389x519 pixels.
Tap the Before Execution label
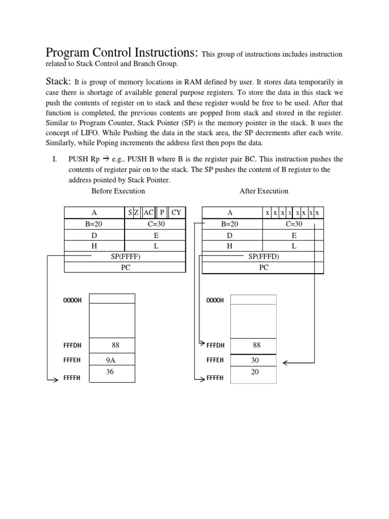click(118, 191)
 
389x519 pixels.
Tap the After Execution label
click(263, 191)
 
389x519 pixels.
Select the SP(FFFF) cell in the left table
click(125, 256)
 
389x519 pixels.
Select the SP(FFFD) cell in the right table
click(263, 256)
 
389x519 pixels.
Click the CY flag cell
click(176, 212)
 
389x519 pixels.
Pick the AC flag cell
click(148, 212)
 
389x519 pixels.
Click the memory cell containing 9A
click(111, 360)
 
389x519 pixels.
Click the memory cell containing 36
click(111, 372)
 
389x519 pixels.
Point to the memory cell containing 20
click(254, 372)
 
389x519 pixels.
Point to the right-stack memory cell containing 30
click(254, 360)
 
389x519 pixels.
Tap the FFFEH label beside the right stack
click(215, 360)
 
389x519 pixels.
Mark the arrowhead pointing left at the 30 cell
click(286, 363)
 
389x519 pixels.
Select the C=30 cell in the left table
click(155, 224)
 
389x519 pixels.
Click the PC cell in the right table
click(263, 268)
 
